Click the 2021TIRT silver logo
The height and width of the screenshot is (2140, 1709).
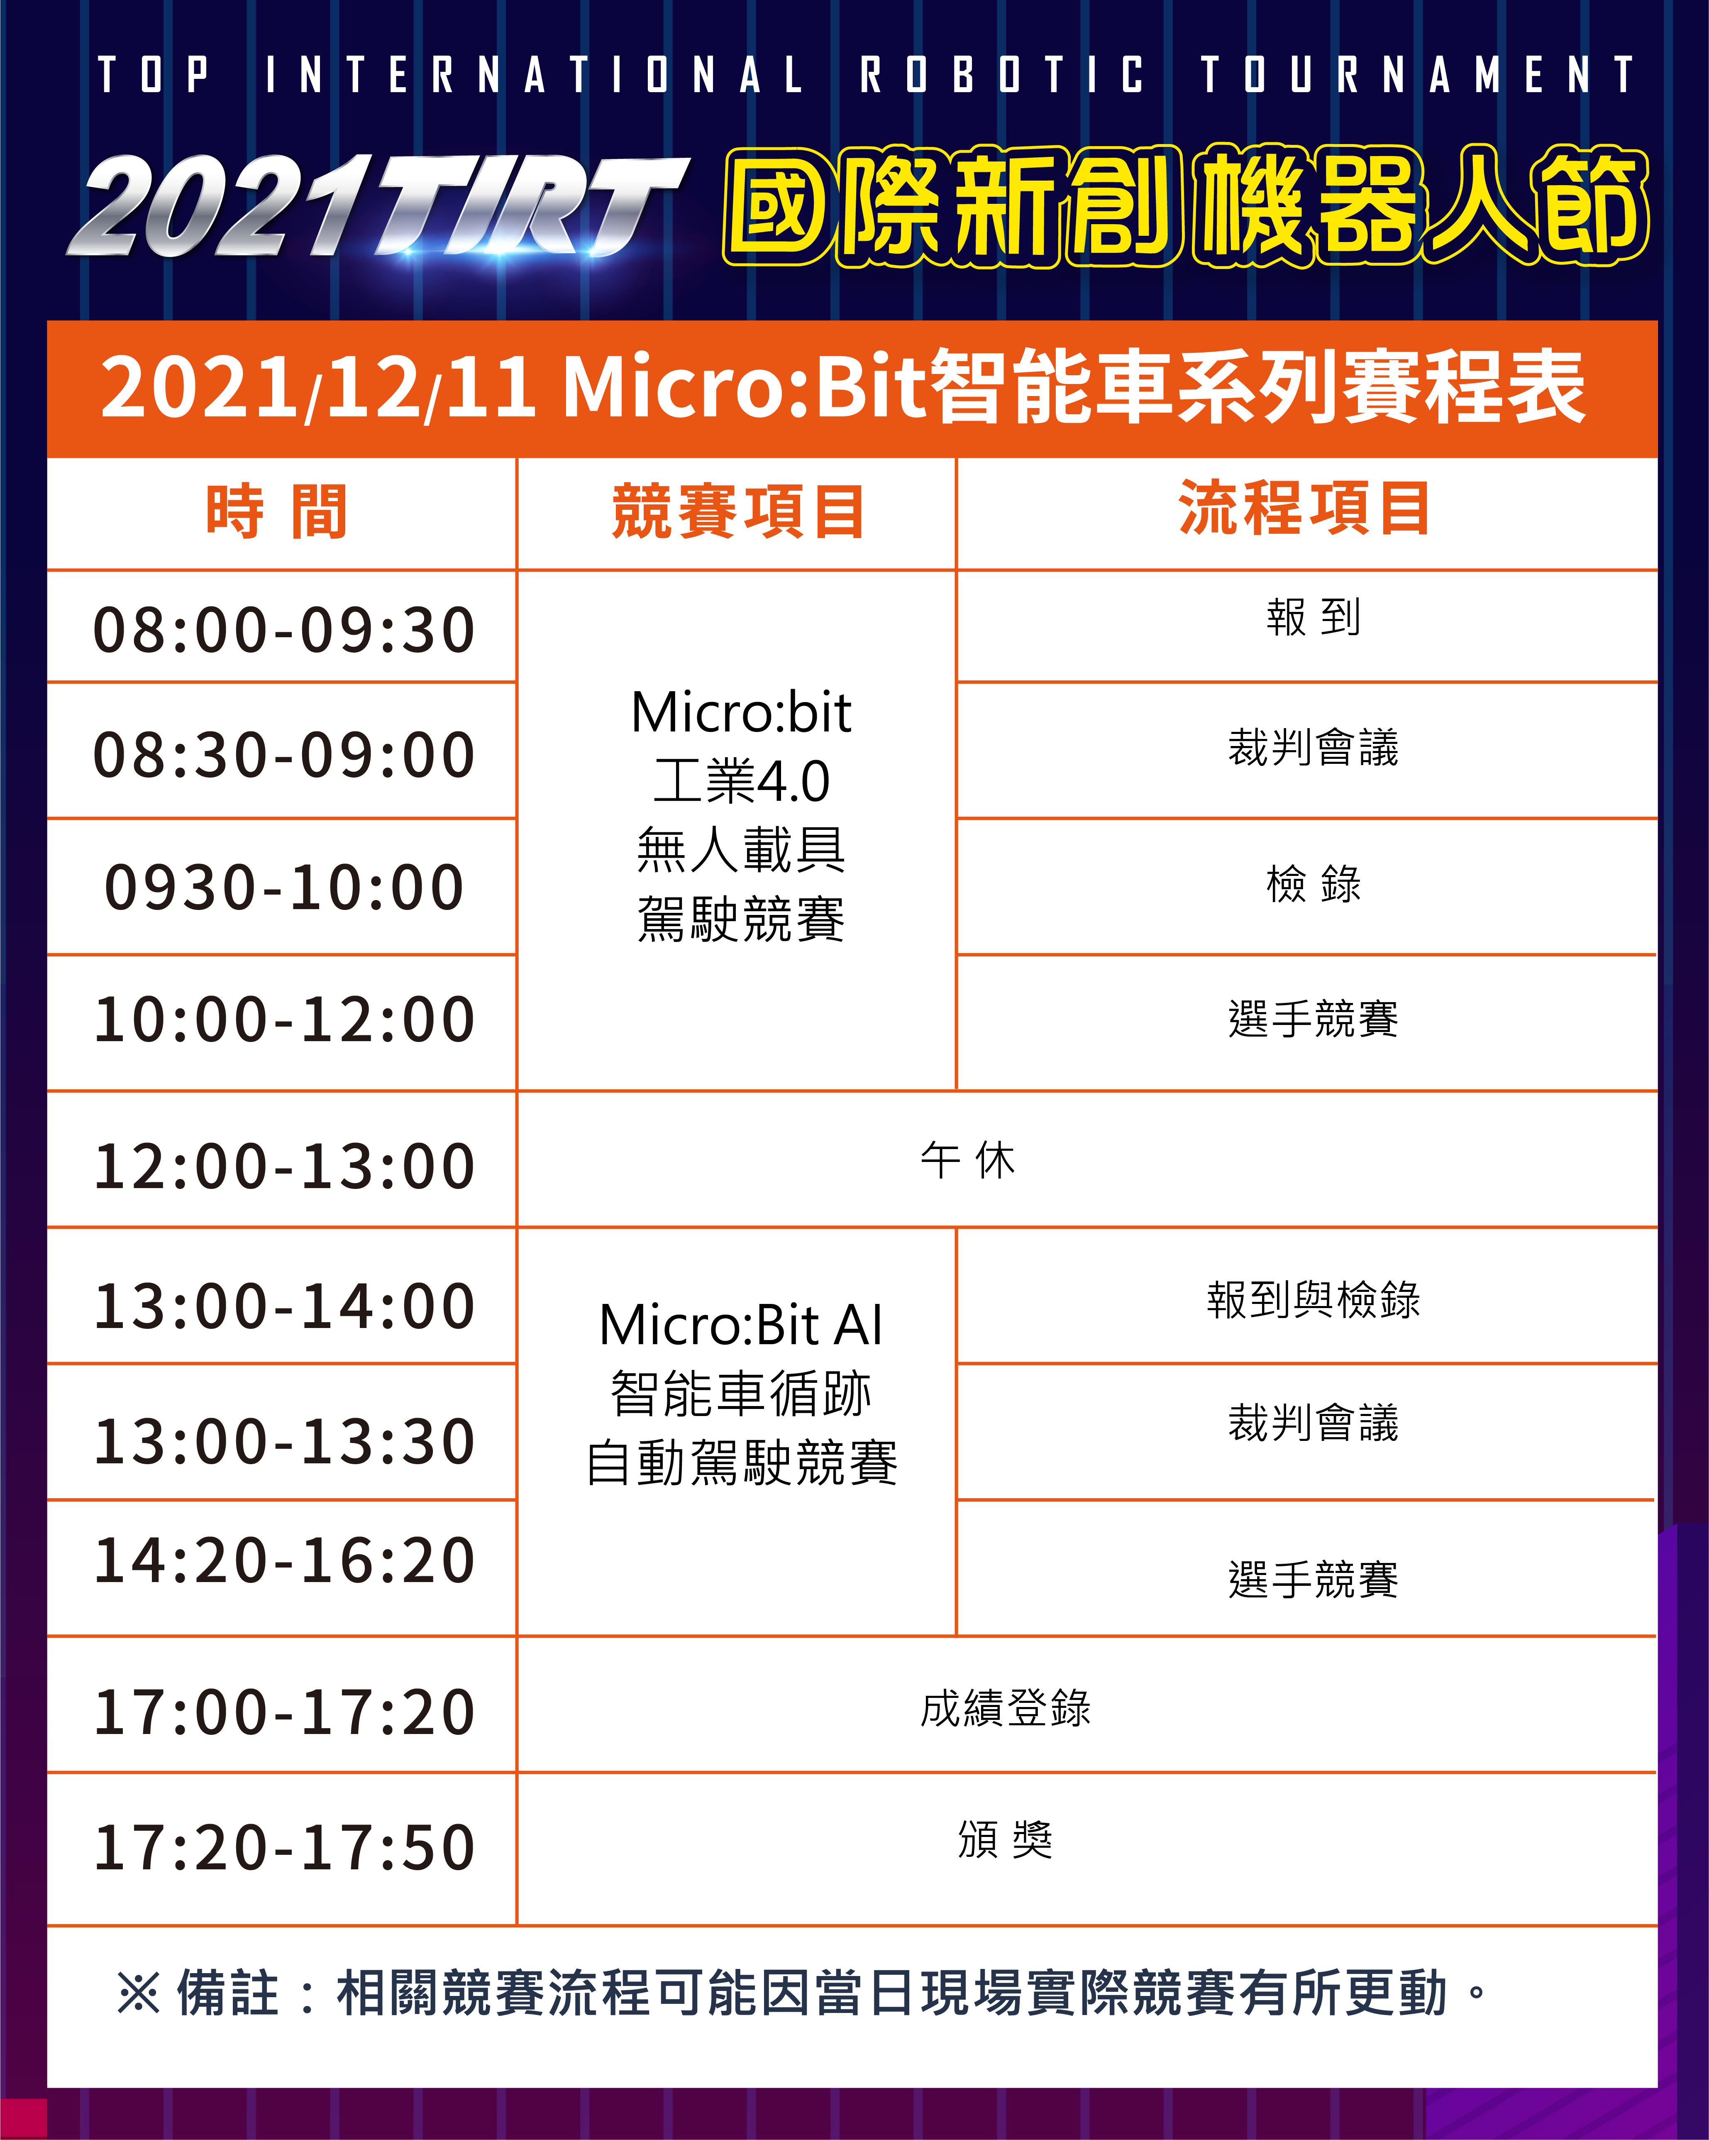click(x=377, y=206)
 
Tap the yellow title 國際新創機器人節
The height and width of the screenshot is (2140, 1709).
click(x=1186, y=206)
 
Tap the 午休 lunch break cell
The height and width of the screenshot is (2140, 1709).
click(x=968, y=1160)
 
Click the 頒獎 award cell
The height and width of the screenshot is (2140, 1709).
click(x=1005, y=1839)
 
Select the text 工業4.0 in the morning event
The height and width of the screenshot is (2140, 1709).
click(x=741, y=781)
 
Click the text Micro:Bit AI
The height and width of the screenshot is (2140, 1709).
click(x=741, y=1325)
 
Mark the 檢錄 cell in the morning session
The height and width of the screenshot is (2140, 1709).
click(x=1313, y=883)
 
